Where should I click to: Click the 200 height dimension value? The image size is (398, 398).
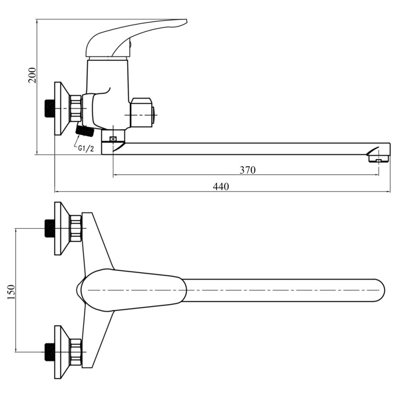click(32, 75)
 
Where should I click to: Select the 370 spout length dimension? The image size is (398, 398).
click(247, 170)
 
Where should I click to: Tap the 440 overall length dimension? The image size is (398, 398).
click(221, 187)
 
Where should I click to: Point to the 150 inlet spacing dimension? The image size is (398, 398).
click(11, 292)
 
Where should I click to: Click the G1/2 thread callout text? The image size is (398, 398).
click(86, 148)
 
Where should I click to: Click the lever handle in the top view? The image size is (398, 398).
click(131, 290)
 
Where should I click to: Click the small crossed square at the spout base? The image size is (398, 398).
click(113, 139)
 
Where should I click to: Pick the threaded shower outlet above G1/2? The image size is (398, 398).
click(85, 131)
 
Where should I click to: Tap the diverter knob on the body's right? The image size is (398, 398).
click(143, 112)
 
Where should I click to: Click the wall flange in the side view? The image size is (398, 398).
click(62, 108)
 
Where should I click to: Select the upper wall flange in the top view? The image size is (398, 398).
click(62, 228)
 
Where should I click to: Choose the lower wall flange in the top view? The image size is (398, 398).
click(62, 352)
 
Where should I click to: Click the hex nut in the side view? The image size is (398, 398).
click(76, 108)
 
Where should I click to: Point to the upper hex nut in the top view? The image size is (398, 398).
click(76, 228)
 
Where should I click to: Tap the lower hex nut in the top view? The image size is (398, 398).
click(76, 352)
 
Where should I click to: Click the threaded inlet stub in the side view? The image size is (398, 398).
click(49, 108)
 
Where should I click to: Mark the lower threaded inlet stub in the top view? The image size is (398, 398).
click(49, 352)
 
